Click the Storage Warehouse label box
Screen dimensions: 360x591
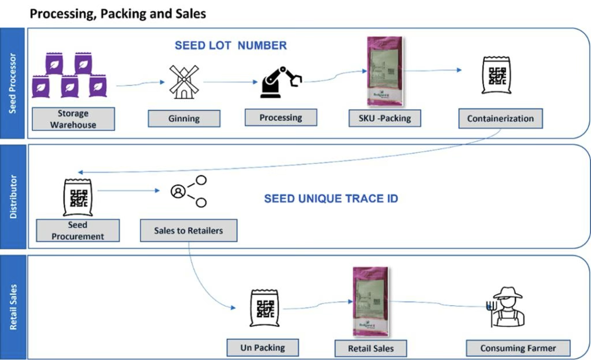73,118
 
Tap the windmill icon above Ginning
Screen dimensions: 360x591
184,82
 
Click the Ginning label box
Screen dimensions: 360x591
184,118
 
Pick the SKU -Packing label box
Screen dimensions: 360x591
385,118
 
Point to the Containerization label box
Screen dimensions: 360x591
500,118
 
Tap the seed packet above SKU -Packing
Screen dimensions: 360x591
384,71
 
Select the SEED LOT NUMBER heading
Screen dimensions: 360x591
231,46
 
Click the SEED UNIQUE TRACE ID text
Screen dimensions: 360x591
331,199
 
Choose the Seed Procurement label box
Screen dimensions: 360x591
77,230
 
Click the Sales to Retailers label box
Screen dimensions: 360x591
188,230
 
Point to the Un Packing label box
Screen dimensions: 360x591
262,347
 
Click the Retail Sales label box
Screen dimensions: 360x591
370,348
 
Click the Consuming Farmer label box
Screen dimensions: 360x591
518,348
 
